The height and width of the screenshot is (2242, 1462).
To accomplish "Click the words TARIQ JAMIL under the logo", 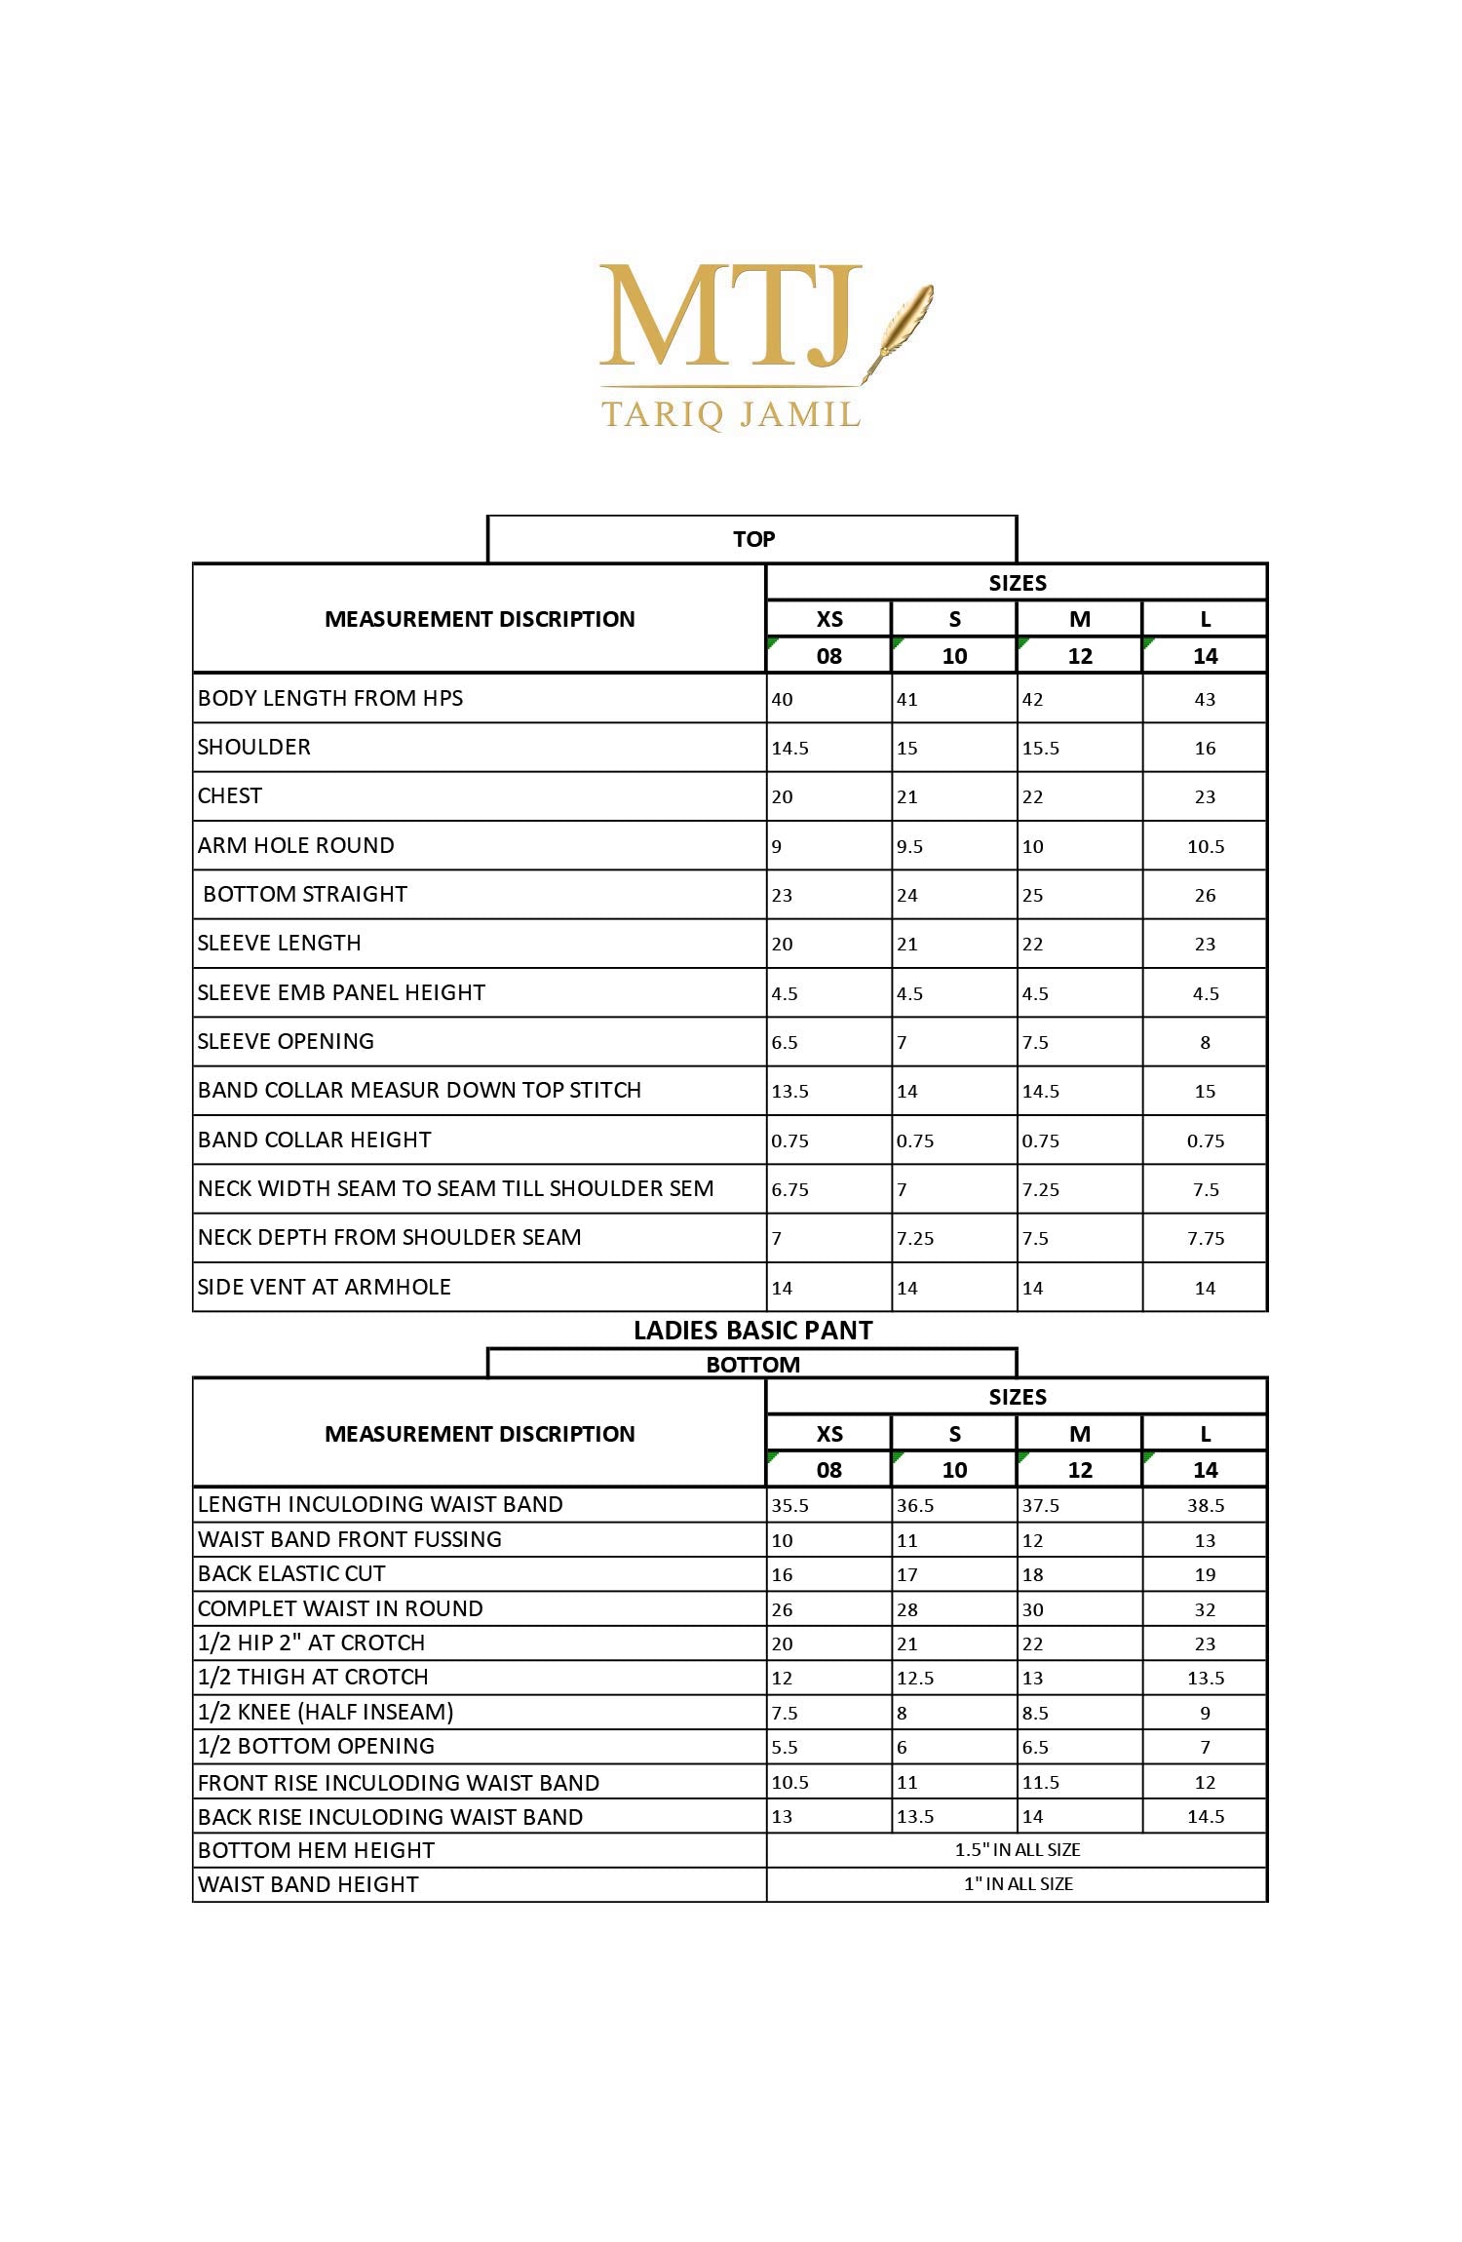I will click(x=731, y=414).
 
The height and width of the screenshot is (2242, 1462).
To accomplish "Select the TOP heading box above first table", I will click(x=752, y=539).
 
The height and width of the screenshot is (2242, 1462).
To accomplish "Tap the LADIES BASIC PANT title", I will click(x=752, y=1331).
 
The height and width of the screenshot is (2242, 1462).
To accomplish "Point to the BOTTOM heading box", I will click(x=752, y=1365).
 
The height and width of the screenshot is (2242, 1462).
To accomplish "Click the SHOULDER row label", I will click(x=254, y=748).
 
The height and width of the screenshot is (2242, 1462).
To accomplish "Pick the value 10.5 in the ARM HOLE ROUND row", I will click(x=1206, y=847).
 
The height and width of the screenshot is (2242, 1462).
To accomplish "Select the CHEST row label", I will click(x=230, y=796).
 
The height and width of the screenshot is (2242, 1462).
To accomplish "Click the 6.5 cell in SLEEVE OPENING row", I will click(x=785, y=1043).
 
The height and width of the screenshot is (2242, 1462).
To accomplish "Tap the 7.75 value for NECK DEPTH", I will click(x=1206, y=1239).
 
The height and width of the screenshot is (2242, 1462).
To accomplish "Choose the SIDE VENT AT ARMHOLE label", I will click(x=325, y=1288).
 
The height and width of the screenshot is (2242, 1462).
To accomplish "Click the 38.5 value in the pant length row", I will click(x=1206, y=1506).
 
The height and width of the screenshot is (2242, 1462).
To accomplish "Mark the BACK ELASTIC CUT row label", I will click(x=291, y=1574).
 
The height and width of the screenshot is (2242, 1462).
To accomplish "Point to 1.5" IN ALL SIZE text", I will click(x=1018, y=1850).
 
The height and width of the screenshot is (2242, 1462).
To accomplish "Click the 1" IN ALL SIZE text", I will click(x=1018, y=1884).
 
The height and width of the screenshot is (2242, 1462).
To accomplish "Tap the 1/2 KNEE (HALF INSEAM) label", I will click(x=326, y=1713).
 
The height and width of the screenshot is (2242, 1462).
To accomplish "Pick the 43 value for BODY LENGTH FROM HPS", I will click(x=1206, y=700).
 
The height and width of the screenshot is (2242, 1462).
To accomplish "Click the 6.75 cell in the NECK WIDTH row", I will click(x=790, y=1190).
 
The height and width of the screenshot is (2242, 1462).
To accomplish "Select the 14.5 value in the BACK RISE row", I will click(x=1206, y=1817).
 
